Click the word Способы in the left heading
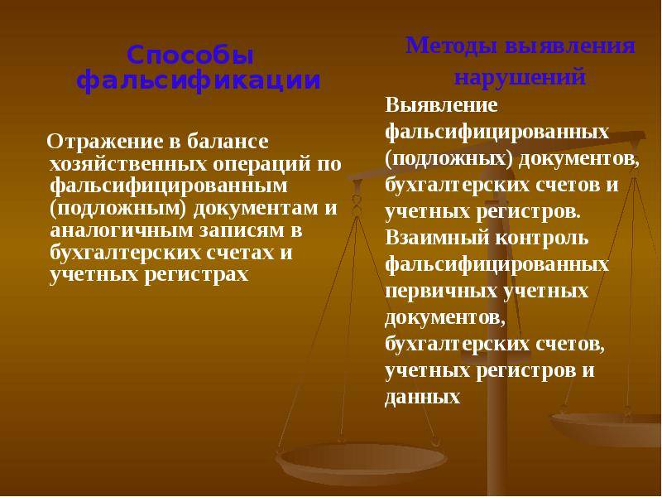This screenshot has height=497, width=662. point(190,55)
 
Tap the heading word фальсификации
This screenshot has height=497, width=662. point(199,80)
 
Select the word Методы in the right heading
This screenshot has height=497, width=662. point(451,46)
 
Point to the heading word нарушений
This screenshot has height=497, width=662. point(520,76)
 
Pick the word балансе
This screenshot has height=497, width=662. point(228,141)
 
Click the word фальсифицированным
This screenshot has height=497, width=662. point(169,186)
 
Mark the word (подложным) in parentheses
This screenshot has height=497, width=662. point(118,209)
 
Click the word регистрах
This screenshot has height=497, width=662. point(196,275)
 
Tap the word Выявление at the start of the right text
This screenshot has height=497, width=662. point(441,105)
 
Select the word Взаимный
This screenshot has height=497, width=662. point(437,238)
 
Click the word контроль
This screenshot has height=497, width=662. point(542,239)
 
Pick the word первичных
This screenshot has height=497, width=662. point(441,292)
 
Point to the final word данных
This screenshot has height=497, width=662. point(422,398)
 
